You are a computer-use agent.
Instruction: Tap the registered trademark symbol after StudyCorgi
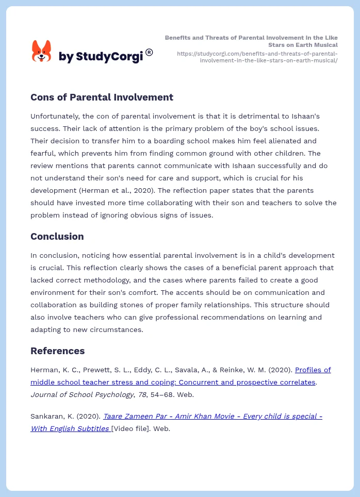point(149,52)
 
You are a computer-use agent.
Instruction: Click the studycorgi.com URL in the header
point(257,57)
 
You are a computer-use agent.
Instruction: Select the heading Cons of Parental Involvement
point(102,97)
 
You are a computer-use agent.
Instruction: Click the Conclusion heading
point(57,237)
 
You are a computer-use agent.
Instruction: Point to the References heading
point(57,351)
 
